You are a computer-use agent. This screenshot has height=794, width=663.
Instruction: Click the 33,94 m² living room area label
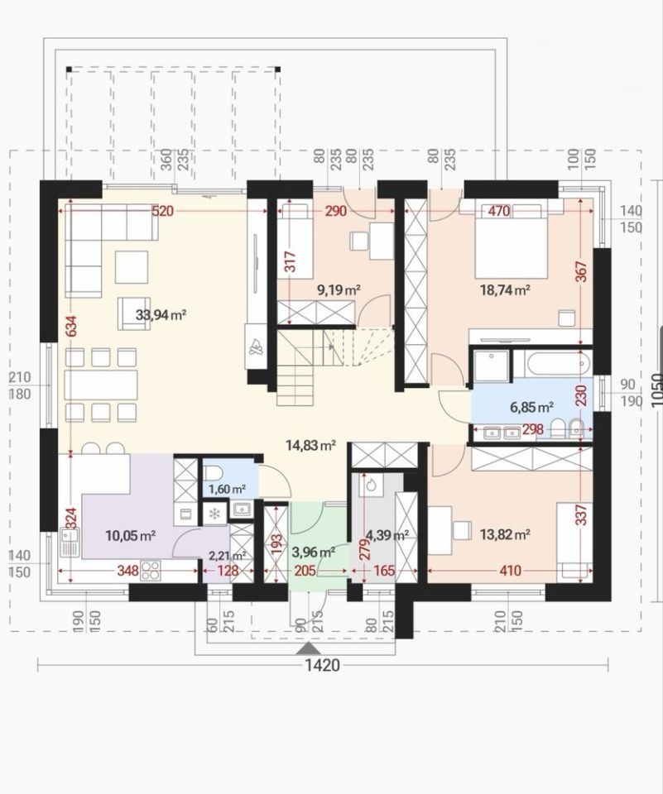(x=161, y=315)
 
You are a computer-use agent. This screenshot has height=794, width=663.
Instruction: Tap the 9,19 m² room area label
(x=339, y=290)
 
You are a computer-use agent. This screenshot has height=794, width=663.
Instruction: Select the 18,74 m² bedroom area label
(x=505, y=290)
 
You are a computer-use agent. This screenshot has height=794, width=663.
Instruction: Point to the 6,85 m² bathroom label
(x=531, y=407)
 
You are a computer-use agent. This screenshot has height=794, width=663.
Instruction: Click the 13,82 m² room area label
(x=505, y=534)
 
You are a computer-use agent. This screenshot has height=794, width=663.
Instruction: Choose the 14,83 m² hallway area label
(x=311, y=446)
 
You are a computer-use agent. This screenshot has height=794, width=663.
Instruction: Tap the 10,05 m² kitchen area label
(x=130, y=535)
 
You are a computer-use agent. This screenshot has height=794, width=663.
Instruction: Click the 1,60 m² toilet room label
(x=227, y=489)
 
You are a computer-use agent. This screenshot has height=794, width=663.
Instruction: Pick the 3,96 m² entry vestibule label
(x=313, y=552)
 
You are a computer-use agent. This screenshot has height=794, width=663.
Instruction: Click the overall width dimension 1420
(x=322, y=665)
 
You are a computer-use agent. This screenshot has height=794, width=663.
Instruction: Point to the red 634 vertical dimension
(x=70, y=328)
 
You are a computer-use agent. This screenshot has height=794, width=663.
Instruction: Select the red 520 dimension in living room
(x=163, y=211)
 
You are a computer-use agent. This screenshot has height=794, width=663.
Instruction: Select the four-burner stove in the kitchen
(x=150, y=570)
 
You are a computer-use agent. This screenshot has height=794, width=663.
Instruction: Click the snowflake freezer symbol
(x=215, y=514)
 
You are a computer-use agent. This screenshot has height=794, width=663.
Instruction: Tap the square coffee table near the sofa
(x=132, y=267)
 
